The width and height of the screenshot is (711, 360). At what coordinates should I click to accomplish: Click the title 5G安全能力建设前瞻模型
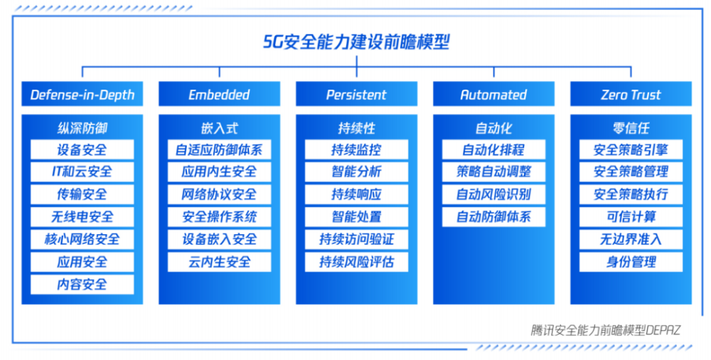click(x=356, y=42)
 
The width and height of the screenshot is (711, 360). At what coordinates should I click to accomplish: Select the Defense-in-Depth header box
click(x=82, y=94)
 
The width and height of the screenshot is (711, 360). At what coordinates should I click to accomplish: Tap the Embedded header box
click(x=220, y=94)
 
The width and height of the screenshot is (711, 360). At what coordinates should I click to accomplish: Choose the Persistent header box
click(x=356, y=94)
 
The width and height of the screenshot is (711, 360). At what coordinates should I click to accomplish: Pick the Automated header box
click(x=494, y=94)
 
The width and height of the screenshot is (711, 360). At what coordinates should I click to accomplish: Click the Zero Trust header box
click(x=631, y=94)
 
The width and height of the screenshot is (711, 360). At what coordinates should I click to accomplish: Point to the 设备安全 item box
click(x=82, y=149)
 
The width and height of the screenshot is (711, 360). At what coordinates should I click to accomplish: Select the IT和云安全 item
click(x=82, y=171)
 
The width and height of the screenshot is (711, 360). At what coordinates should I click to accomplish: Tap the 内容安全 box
click(x=82, y=284)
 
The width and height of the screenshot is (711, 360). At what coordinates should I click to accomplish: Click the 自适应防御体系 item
click(x=220, y=149)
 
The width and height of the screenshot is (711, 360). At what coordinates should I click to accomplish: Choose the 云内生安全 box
click(x=220, y=262)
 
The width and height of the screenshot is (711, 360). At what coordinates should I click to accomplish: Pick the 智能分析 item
click(x=356, y=171)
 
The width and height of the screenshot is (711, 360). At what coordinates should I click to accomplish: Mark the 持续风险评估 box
click(x=356, y=262)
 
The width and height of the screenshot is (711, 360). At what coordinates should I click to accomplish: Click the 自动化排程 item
click(x=494, y=149)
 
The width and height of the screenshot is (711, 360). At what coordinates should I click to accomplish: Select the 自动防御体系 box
click(x=494, y=217)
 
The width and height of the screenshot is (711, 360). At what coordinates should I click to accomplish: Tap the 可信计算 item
click(x=631, y=217)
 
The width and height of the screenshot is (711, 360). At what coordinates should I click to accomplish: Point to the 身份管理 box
click(x=631, y=262)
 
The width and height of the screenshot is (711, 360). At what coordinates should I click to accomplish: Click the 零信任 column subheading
click(x=631, y=128)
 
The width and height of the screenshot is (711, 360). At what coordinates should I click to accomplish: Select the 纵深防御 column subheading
click(x=82, y=128)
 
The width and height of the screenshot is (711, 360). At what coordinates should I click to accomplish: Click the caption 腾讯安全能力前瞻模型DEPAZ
click(x=606, y=330)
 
